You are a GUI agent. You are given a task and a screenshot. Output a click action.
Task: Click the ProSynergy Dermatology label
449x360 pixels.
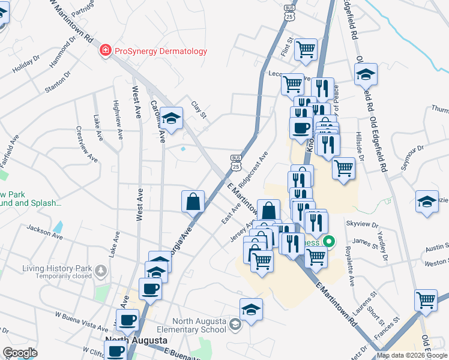(x=160, y=51)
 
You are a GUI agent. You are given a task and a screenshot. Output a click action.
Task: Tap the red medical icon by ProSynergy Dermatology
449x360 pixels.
(x=105, y=50)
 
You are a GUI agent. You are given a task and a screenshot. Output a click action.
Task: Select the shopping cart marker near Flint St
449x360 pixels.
(x=306, y=49)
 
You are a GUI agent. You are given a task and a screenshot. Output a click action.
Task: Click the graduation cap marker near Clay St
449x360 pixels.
(x=172, y=118)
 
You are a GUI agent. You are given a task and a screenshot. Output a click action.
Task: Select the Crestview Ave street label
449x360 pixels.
(x=86, y=144)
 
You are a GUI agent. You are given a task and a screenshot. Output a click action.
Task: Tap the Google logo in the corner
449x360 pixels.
(x=20, y=353)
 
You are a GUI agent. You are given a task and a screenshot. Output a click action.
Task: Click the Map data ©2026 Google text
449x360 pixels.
(x=412, y=355)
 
